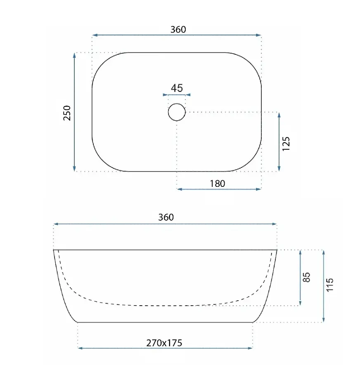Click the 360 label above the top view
click(x=178, y=30)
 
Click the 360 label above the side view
click(x=166, y=217)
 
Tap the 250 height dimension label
click(x=67, y=113)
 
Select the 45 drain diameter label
click(x=177, y=88)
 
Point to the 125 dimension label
click(x=286, y=144)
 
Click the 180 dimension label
click(x=218, y=184)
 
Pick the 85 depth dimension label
click(x=307, y=277)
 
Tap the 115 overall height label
click(x=330, y=285)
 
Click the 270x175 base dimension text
click(x=164, y=343)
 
